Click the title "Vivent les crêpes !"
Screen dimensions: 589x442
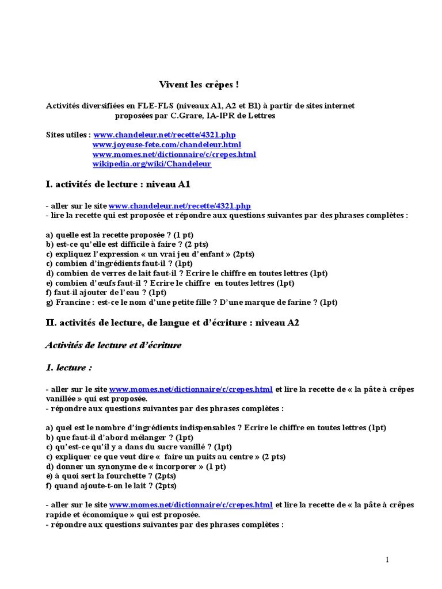[x=199, y=85]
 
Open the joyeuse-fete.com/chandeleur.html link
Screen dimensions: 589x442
[x=167, y=144]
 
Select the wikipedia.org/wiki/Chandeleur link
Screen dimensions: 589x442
[x=152, y=164]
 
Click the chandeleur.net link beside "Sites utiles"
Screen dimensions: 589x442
[x=165, y=135]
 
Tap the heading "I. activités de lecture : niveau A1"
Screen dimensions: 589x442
[x=117, y=185]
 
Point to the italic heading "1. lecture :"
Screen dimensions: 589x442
[x=68, y=367]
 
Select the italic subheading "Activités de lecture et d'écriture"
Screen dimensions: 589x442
[x=113, y=345]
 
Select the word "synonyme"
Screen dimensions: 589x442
[x=110, y=466]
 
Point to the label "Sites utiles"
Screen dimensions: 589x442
[x=68, y=135]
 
